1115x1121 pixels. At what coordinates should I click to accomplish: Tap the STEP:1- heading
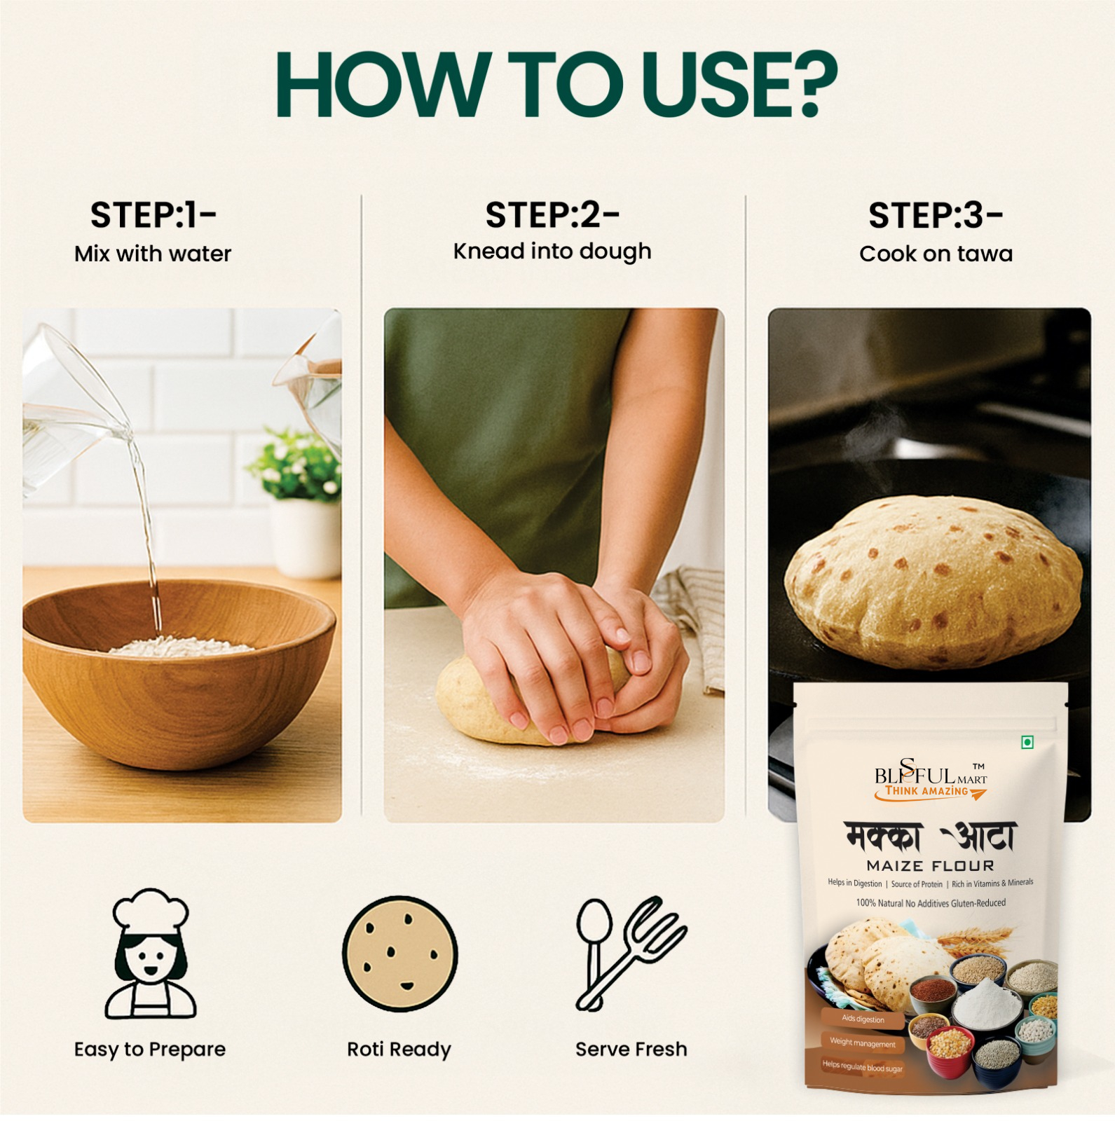(153, 215)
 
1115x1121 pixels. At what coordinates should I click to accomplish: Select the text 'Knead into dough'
(552, 252)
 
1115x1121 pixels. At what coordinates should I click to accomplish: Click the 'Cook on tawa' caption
(936, 254)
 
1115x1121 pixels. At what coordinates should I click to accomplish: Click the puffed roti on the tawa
(932, 582)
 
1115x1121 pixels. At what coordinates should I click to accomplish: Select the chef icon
(150, 954)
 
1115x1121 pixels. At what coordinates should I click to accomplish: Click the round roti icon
(399, 954)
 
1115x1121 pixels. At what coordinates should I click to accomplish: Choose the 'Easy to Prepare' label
(150, 1050)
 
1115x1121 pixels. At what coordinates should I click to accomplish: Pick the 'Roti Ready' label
(399, 1049)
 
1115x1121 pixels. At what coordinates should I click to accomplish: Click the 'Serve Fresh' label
(631, 1049)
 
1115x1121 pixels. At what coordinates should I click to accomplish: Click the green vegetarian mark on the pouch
(1027, 743)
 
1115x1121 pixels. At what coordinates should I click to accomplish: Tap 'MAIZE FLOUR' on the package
(930, 866)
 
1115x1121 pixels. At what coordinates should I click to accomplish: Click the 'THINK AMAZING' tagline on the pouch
(926, 791)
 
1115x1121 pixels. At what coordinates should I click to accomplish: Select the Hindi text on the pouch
(930, 837)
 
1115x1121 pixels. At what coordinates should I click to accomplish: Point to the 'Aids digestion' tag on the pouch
(863, 1019)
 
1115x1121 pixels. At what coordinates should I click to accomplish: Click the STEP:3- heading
(936, 215)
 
